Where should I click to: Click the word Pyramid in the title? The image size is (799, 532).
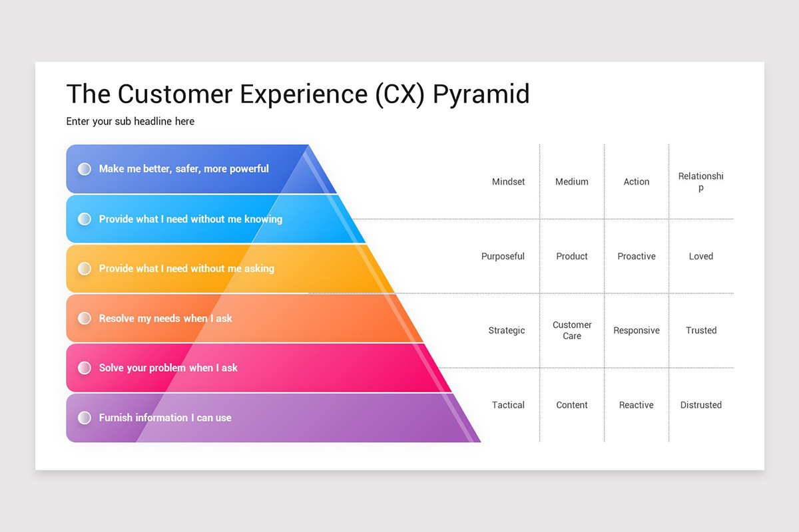[481, 94]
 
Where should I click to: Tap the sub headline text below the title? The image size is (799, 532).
[131, 121]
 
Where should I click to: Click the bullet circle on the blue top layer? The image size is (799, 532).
[85, 169]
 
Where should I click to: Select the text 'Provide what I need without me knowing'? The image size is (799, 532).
[190, 219]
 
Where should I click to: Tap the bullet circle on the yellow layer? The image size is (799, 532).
[85, 269]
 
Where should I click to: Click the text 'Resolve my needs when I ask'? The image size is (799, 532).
[165, 319]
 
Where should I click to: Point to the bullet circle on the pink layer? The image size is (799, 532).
[85, 368]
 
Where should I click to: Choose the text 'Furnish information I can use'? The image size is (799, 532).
[165, 418]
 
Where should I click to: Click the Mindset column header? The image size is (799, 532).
[508, 182]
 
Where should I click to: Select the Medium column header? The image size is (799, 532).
[572, 182]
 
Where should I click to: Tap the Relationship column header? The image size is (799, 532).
[700, 182]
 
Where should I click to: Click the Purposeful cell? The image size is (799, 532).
[503, 256]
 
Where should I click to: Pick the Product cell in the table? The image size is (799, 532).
[572, 256]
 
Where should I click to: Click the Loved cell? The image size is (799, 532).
[700, 256]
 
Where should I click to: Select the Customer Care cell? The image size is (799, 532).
[572, 331]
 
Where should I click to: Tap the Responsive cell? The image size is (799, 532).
[637, 331]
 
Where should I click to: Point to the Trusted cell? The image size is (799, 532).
[701, 331]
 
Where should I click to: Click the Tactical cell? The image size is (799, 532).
[508, 405]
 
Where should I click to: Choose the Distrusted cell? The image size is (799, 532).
[700, 405]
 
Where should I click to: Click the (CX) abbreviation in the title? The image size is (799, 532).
[400, 94]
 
